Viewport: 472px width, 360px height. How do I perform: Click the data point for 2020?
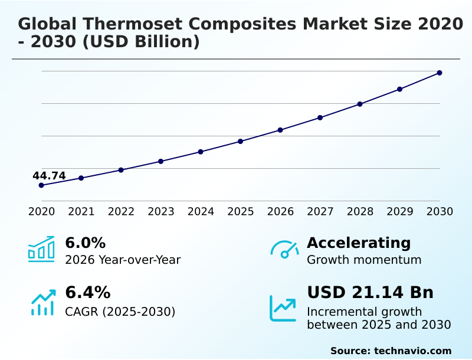(x=41, y=185)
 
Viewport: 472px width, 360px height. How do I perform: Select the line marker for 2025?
(x=241, y=142)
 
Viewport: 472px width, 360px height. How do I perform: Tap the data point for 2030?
(x=440, y=73)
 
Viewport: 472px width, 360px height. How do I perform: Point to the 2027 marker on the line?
(x=320, y=118)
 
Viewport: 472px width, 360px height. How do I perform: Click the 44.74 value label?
(x=49, y=176)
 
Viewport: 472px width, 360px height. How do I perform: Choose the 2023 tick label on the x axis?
(x=161, y=212)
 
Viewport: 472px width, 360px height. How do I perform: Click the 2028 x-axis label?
(x=360, y=212)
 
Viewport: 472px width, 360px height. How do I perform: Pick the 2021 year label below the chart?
(x=81, y=212)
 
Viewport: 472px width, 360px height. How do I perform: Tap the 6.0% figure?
(x=85, y=243)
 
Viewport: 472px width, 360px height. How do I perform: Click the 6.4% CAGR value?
(x=87, y=293)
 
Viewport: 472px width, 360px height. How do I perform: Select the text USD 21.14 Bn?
(x=370, y=293)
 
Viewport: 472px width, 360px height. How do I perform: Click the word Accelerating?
(x=359, y=243)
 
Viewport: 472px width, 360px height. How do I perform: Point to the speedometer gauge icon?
(x=284, y=249)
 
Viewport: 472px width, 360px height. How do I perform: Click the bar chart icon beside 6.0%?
(x=41, y=249)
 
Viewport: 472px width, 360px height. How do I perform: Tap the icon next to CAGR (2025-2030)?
(x=42, y=303)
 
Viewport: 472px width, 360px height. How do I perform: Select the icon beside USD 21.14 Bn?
(x=283, y=308)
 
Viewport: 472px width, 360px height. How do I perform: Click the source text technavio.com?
(x=412, y=351)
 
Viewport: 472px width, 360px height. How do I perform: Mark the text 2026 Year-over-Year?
(x=123, y=260)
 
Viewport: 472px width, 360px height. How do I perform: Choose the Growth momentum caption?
(x=364, y=260)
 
